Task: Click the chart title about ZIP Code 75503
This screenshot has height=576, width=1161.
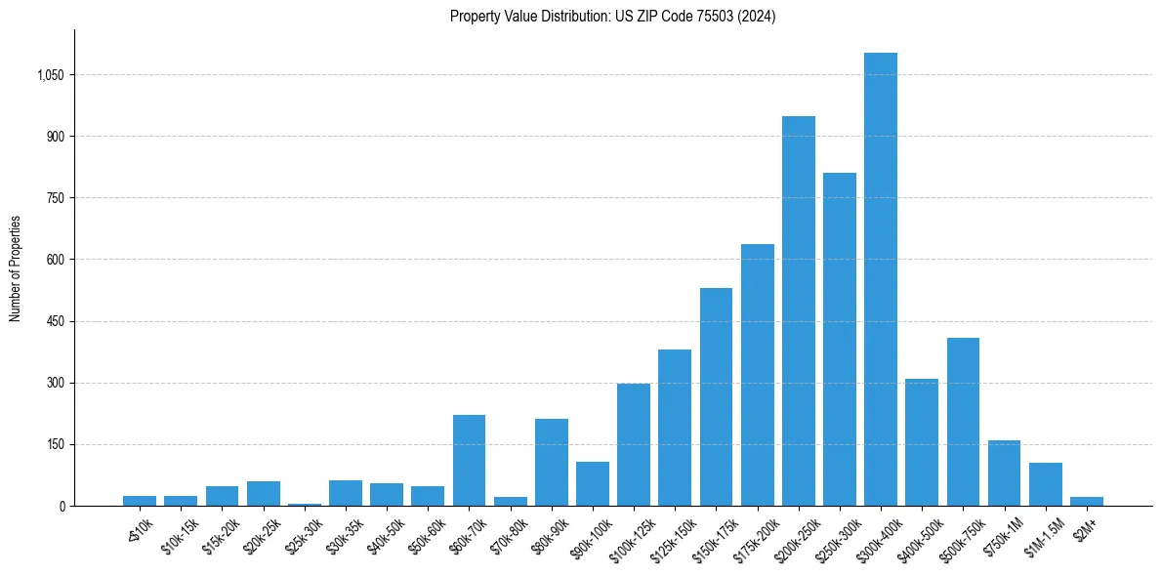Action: click(612, 17)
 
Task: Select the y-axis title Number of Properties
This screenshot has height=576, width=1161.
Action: click(16, 268)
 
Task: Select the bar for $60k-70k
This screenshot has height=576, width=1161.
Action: click(469, 460)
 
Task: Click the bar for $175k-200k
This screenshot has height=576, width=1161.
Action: click(757, 375)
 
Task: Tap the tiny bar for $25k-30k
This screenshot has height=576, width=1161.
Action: click(304, 504)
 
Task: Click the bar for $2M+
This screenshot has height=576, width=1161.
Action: click(1086, 501)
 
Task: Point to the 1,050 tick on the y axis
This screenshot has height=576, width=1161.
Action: click(49, 75)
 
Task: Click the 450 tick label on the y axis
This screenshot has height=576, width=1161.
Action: click(55, 321)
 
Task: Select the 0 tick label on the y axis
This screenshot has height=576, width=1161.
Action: click(62, 506)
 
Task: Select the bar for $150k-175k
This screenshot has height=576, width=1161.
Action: click(716, 396)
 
